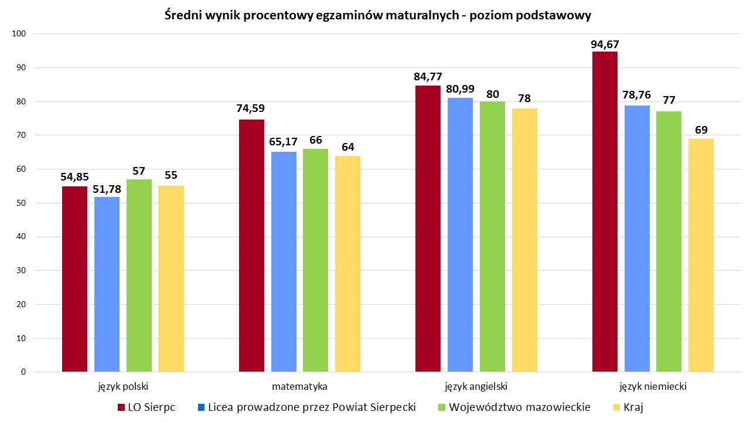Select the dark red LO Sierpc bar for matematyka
coord(251,246)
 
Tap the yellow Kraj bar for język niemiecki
coord(701,255)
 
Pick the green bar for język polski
coord(139,275)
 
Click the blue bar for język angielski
coord(460,234)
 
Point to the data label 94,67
coord(605,45)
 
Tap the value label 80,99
coord(461,90)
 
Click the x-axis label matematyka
coord(299,387)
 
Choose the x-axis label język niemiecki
coord(653,387)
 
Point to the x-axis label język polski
coord(123,387)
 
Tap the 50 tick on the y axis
coord(22,203)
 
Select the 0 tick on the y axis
coord(23,372)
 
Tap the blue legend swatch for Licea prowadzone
coord(200,407)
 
